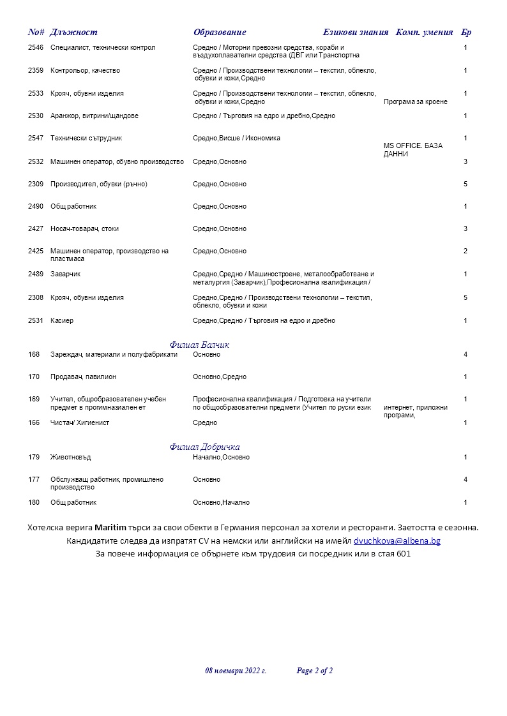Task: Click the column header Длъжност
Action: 73,33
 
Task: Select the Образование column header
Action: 220,33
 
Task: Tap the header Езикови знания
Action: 356,33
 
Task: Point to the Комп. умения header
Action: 425,33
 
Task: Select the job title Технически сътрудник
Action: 86,138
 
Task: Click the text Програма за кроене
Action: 416,101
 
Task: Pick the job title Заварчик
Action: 66,274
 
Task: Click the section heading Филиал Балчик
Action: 199,345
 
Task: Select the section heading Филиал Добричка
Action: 204,447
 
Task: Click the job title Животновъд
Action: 71,458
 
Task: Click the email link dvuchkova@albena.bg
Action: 397,541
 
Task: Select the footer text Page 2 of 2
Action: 315,671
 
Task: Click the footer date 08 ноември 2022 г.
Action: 236,671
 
